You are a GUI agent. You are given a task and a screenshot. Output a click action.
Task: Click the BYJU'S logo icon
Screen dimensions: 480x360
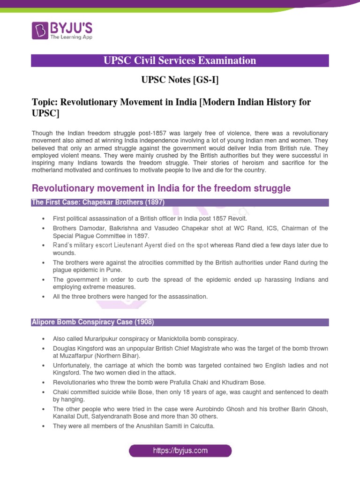coord(40,30)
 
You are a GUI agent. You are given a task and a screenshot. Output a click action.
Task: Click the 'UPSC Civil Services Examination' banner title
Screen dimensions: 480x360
coord(180,60)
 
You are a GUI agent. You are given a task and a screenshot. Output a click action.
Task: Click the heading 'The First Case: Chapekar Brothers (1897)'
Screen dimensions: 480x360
coord(97,202)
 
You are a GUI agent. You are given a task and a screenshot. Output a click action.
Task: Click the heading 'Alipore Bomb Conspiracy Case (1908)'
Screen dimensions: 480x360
coord(92,322)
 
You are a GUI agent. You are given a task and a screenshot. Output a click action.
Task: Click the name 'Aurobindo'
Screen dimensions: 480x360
coord(209,409)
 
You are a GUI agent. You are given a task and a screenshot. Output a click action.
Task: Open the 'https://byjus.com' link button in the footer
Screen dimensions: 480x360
coord(180,451)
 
